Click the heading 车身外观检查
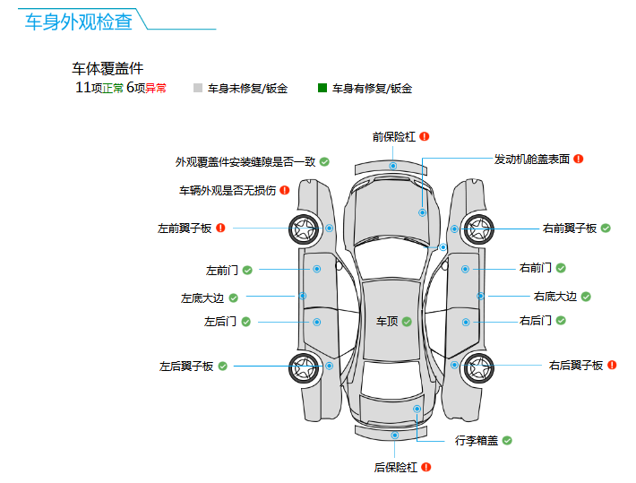[x=79, y=22]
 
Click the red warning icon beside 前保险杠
[x=425, y=136]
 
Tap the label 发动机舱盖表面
[x=532, y=160]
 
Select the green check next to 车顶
[x=407, y=321]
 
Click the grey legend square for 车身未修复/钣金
[x=198, y=88]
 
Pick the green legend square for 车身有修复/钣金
[x=322, y=88]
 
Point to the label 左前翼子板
[x=185, y=229]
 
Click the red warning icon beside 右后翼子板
[x=613, y=365]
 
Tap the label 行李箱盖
[x=477, y=441]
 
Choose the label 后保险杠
[x=396, y=467]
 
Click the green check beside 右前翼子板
[x=606, y=229]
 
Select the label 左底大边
[x=202, y=298]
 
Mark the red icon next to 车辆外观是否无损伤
[x=285, y=190]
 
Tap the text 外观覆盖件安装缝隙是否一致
[x=245, y=162]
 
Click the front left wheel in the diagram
[x=305, y=229]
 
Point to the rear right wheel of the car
[x=478, y=366]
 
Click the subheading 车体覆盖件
[x=107, y=68]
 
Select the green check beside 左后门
[x=245, y=321]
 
